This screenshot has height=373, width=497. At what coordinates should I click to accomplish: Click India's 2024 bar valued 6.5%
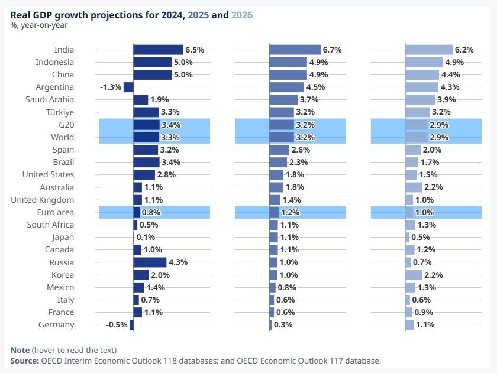pyautogui.click(x=158, y=50)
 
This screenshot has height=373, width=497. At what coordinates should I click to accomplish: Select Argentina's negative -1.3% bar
pyautogui.click(x=128, y=87)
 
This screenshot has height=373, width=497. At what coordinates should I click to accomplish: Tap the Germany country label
pyautogui.click(x=56, y=325)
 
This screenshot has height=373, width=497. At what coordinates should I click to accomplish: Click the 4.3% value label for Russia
pyautogui.click(x=178, y=262)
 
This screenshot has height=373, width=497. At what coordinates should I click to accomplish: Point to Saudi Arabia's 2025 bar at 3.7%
pyautogui.click(x=283, y=99)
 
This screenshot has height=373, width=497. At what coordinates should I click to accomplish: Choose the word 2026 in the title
pyautogui.click(x=242, y=15)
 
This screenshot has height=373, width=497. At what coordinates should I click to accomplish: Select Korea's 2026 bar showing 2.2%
pyautogui.click(x=414, y=275)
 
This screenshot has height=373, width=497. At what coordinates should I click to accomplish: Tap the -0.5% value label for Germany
pyautogui.click(x=117, y=325)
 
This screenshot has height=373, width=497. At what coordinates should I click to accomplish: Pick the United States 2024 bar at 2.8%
pyautogui.click(x=144, y=174)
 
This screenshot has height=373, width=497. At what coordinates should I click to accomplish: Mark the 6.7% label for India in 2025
pyautogui.click(x=333, y=50)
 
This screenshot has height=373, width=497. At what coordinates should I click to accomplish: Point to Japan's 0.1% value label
pyautogui.click(x=146, y=237)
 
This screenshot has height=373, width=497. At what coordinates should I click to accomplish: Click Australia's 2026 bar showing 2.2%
pyautogui.click(x=414, y=187)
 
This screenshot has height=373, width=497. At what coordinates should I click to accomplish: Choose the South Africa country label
pyautogui.click(x=50, y=225)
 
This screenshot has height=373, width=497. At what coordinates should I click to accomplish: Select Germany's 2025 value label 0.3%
pyautogui.click(x=284, y=325)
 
